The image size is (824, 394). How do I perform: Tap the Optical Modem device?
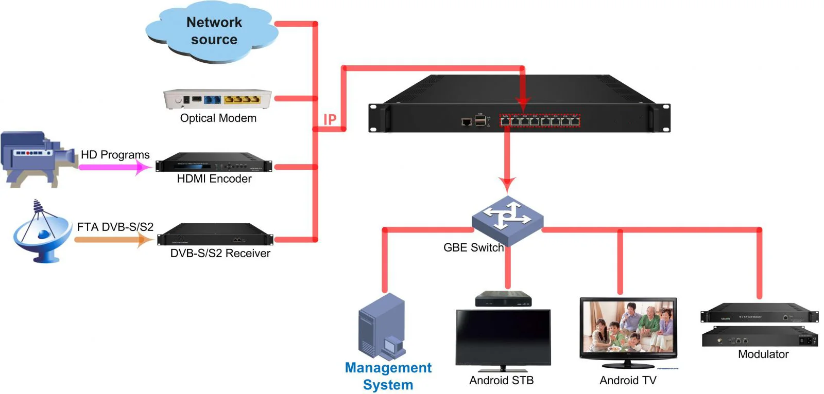coord(217,99)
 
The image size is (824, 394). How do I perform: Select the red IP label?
coord(330,120)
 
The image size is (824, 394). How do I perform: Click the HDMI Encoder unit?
coord(214,163)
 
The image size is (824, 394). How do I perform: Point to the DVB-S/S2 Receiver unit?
coord(215,235)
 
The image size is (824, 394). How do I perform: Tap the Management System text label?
coord(388,376)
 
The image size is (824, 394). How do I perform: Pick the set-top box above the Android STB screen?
coord(503,299)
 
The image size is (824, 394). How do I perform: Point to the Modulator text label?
coord(763,354)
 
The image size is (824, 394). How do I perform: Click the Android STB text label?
coord(501,381)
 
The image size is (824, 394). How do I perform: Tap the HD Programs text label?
coord(115,155)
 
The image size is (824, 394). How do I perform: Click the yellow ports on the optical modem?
coord(242,99)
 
